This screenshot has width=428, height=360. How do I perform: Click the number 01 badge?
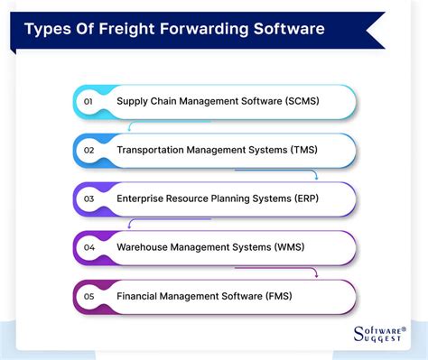[89, 100]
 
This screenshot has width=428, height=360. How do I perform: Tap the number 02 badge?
[89, 149]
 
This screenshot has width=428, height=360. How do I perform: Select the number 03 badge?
[89, 197]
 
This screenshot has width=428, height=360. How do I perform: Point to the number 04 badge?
[89, 245]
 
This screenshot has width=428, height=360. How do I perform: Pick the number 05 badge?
[89, 294]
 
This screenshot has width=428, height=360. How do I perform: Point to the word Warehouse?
[145, 245]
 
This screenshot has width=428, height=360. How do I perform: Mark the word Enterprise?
[144, 197]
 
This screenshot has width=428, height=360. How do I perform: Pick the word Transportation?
[154, 149]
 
